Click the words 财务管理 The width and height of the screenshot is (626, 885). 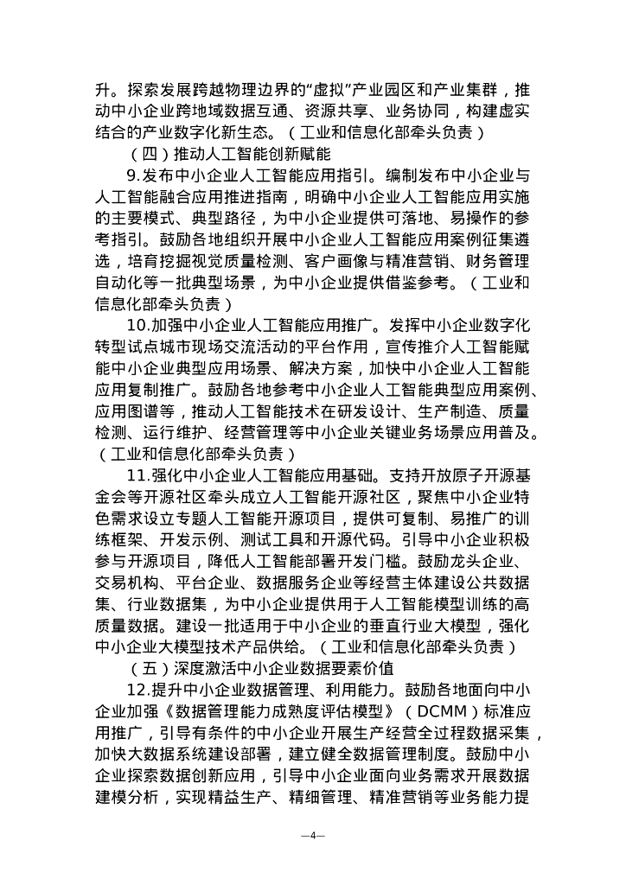click(501, 261)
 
